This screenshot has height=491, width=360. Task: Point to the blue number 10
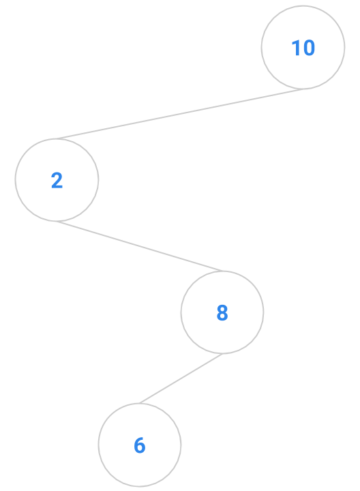pyautogui.click(x=303, y=48)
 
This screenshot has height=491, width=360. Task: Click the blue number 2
pyautogui.click(x=57, y=180)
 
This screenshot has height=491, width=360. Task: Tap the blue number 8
pyautogui.click(x=222, y=312)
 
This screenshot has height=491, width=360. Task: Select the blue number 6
pyautogui.click(x=140, y=445)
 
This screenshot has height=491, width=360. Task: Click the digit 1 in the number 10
pyautogui.click(x=296, y=48)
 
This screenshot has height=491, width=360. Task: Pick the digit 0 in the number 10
pyautogui.click(x=308, y=48)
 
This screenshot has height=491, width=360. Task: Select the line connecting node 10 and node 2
pyautogui.click(x=180, y=114)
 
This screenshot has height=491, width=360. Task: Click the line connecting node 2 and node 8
pyautogui.click(x=140, y=246)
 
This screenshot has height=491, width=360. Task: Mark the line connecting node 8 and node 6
pyautogui.click(x=181, y=378)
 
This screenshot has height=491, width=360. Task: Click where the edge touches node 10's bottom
pyautogui.click(x=303, y=89)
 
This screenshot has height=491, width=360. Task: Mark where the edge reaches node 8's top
pyautogui.click(x=223, y=271)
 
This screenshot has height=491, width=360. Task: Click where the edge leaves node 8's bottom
pyautogui.click(x=222, y=354)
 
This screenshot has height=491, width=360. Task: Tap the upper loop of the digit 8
pyautogui.click(x=222, y=309)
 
